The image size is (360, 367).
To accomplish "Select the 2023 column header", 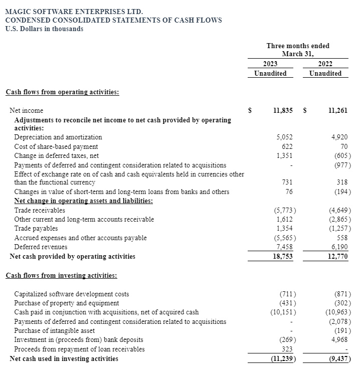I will tap(270, 64).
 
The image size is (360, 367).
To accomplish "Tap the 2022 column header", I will tap(325, 64).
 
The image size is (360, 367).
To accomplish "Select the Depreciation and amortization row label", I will tap(58, 137).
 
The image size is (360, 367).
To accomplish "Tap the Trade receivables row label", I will tap(40, 210).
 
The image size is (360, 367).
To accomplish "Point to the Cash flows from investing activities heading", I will tap(62, 275).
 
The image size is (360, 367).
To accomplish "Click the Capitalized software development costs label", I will tap(72, 294).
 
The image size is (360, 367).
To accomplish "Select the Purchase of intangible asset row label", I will tap(53, 330).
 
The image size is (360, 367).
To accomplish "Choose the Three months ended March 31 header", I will tap(298, 50).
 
